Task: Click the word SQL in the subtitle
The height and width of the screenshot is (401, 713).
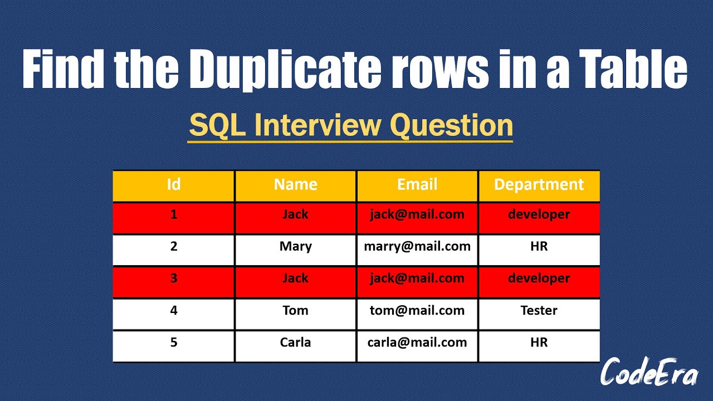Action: [217, 126]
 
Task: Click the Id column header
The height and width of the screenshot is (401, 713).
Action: [174, 184]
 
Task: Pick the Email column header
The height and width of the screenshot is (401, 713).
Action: [417, 184]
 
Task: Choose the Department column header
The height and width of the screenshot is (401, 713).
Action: [539, 185]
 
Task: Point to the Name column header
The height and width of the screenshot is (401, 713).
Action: [296, 184]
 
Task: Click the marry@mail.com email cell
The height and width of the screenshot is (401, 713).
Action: [417, 247]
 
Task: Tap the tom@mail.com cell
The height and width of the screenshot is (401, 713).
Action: [417, 310]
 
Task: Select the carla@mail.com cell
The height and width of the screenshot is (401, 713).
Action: [417, 343]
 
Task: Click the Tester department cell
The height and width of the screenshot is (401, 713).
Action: [539, 310]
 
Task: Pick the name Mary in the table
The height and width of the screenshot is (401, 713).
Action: [296, 247]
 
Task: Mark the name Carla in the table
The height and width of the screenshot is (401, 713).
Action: [295, 343]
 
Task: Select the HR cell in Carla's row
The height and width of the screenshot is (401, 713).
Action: [539, 343]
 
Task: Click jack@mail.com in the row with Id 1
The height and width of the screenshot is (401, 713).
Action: [417, 215]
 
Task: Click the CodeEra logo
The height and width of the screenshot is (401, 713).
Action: [649, 371]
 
